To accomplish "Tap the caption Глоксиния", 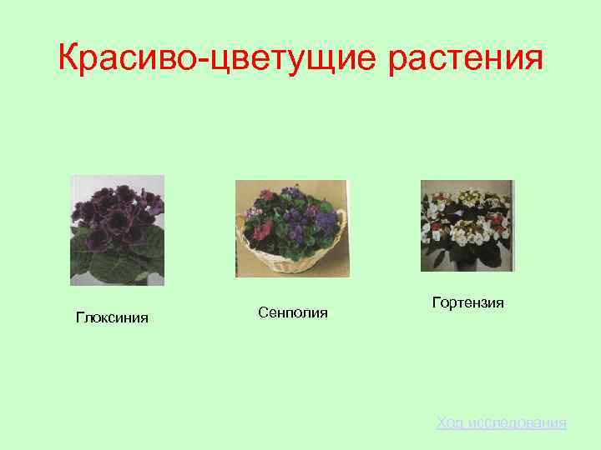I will (112, 317).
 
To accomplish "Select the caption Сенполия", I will (293, 312).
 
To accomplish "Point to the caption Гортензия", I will (468, 302).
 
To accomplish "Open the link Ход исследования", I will (501, 423).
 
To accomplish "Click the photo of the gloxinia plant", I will (118, 230).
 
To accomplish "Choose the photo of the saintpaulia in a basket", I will (292, 228).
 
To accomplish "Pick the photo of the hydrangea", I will (467, 225).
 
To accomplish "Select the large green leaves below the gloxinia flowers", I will (117, 265).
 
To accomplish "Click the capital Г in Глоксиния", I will (80, 317).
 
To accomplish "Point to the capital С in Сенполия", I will (263, 312).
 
